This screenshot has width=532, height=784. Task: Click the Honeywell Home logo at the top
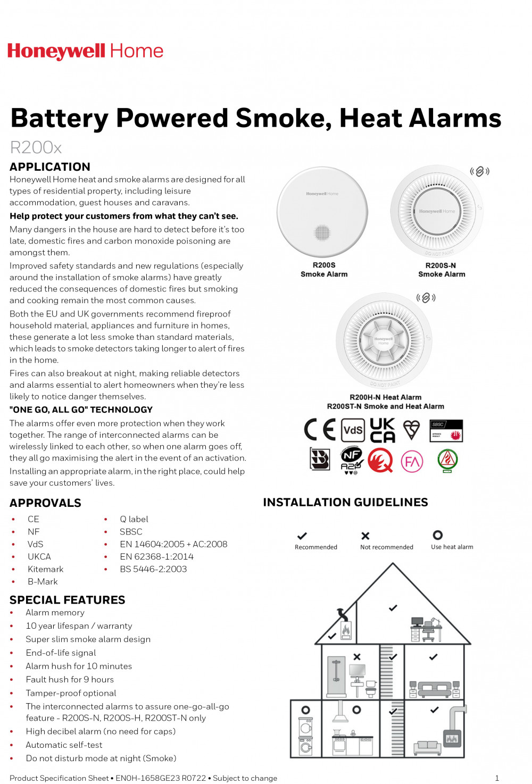pos(85,51)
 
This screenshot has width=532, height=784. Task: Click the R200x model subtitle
pos(36,147)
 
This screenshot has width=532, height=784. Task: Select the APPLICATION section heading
pos(50,166)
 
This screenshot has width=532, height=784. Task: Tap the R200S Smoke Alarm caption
pos(324,270)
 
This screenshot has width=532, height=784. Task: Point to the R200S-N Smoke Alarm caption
pos(442,270)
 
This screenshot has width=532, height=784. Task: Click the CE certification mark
pos(320,429)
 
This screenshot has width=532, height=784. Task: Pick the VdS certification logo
pos(353,430)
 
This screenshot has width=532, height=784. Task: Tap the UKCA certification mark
pos(383,430)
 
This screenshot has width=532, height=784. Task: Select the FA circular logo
pos(412,461)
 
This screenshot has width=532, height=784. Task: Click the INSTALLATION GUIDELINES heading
pos(345,502)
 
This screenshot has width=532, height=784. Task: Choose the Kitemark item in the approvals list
pos(45,569)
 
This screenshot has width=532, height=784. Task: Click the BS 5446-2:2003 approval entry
pos(153,569)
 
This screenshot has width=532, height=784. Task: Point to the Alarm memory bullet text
pos(55,613)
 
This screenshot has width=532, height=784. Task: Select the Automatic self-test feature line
pos(64,745)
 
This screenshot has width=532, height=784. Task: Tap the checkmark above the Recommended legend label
pos(302,536)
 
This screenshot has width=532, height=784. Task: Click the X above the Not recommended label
pos(365,536)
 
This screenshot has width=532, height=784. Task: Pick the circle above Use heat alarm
pos(438,535)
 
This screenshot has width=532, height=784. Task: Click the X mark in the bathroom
pos(357,657)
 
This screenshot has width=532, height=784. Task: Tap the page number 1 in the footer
pos(497,778)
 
